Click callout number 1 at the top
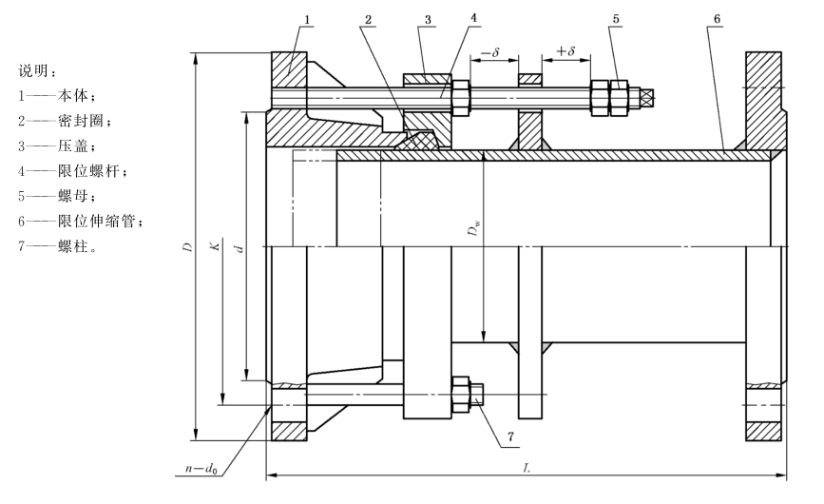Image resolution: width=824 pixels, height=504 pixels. (307, 20)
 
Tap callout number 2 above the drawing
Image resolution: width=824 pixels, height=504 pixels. (369, 20)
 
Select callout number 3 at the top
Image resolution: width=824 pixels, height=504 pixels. (428, 20)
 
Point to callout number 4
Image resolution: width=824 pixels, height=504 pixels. (473, 18)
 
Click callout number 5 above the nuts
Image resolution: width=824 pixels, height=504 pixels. (616, 19)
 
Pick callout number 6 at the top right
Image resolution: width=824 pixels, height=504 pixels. (717, 19)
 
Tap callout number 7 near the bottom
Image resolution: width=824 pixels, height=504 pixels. (510, 436)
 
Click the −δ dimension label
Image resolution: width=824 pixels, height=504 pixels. (489, 52)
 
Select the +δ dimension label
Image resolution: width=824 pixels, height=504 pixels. (566, 50)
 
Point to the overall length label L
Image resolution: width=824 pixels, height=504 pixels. (527, 468)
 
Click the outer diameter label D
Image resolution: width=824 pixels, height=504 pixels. (187, 246)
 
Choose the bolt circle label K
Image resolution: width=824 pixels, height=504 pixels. (216, 246)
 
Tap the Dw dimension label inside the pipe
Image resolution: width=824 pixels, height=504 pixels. (474, 227)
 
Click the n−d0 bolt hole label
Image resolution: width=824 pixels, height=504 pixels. (201, 468)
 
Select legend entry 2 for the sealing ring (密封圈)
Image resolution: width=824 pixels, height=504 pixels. (66, 121)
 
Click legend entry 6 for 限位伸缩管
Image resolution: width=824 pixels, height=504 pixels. (81, 222)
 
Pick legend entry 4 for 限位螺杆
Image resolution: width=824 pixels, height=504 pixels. (72, 171)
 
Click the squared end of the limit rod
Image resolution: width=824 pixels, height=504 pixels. (646, 97)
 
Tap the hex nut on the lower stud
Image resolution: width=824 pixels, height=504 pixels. (460, 394)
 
